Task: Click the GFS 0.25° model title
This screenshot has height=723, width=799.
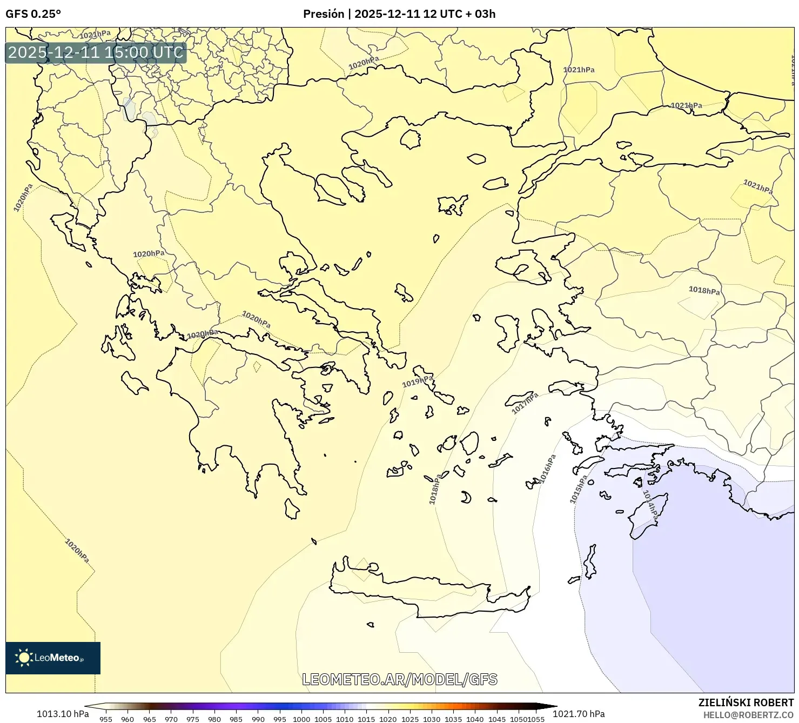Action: [33, 14]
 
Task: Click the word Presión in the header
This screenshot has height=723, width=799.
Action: [324, 14]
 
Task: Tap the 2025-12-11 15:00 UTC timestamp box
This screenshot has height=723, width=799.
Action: [96, 52]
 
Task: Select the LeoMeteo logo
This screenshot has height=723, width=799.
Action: [52, 658]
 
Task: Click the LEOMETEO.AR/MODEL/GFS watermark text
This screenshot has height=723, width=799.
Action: [399, 679]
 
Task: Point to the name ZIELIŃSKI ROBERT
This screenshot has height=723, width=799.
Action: [746, 702]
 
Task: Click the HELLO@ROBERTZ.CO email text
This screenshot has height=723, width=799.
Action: [748, 715]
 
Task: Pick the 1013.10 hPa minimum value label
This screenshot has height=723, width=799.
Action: [63, 714]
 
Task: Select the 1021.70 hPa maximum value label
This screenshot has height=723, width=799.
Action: [579, 714]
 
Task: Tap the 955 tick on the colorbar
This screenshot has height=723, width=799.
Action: [106, 719]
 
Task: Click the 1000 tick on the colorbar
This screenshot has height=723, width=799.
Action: [301, 719]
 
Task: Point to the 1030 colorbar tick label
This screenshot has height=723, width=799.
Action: [431, 719]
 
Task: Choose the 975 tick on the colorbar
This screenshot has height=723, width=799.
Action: [193, 719]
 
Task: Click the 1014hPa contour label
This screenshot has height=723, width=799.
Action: [650, 506]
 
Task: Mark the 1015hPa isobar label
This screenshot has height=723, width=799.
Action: [579, 490]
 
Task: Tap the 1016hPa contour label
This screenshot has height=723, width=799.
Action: [548, 469]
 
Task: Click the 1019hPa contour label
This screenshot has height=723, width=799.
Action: [418, 381]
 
